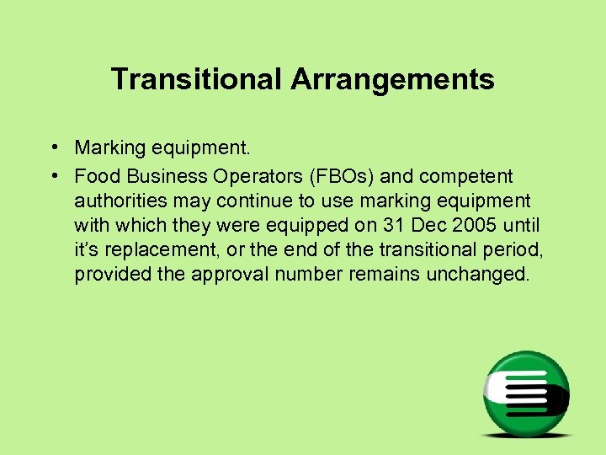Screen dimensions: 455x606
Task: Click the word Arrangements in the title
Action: pos(392,80)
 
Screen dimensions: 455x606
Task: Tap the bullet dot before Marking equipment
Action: pos(53,148)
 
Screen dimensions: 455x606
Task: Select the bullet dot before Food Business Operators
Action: pos(53,176)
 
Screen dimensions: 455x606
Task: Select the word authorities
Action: pos(118,201)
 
